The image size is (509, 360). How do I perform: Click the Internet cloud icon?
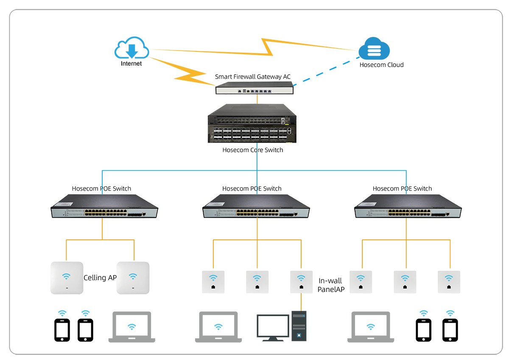point(131,48)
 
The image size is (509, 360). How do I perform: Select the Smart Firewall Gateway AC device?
point(255,89)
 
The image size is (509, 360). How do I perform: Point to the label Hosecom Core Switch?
point(253,150)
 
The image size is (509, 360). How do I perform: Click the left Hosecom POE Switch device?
point(104,206)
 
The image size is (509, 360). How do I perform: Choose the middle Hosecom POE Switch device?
point(256,206)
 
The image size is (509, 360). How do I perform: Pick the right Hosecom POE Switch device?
point(408,206)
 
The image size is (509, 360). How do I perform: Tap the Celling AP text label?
point(100,278)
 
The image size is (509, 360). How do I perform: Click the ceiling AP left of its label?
point(67,278)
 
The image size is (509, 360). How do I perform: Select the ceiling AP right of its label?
point(133,278)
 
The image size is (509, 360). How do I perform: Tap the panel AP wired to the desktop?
point(301,282)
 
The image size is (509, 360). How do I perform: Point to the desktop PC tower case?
point(299,326)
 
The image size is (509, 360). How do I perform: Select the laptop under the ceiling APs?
point(132,327)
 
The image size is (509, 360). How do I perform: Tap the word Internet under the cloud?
point(131,64)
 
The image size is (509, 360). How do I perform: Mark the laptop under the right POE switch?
point(371,327)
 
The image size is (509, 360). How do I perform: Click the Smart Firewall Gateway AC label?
point(253,77)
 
